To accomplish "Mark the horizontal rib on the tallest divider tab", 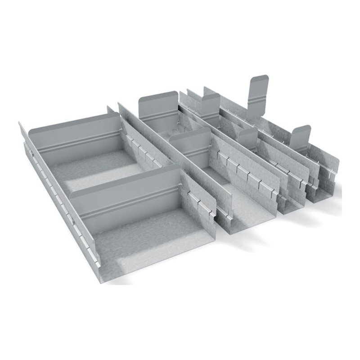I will [x=258, y=97].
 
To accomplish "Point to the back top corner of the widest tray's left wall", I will [x=20, y=123].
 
